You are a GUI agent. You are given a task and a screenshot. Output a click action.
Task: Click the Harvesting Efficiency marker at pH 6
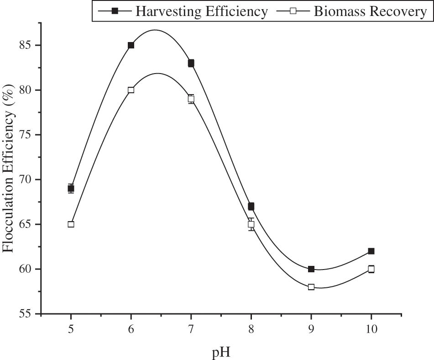click(x=131, y=45)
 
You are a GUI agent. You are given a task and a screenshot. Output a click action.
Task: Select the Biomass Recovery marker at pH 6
click(x=131, y=90)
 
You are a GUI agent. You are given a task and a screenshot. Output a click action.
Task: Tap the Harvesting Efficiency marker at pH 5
click(x=71, y=188)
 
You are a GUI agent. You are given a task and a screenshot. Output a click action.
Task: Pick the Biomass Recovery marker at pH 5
click(x=71, y=224)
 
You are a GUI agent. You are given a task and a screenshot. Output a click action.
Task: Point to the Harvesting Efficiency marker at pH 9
click(x=311, y=269)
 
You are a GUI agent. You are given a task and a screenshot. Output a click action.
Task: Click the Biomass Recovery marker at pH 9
click(x=311, y=287)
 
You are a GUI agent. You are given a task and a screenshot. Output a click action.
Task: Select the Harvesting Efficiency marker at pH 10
click(x=371, y=251)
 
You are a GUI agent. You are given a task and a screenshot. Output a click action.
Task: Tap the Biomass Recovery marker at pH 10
click(x=371, y=269)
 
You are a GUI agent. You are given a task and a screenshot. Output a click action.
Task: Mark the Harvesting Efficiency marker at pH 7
click(x=191, y=63)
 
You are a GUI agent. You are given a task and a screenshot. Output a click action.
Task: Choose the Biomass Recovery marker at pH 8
click(x=251, y=224)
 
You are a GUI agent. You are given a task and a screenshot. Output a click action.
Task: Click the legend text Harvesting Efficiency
click(x=201, y=11)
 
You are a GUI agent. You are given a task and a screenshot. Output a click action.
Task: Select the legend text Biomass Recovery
click(x=370, y=11)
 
